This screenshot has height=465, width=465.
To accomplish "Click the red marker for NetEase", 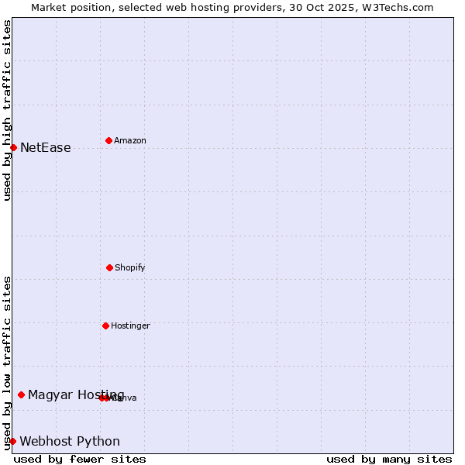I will click(13, 147).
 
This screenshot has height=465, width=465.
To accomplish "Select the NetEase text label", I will click(45, 148).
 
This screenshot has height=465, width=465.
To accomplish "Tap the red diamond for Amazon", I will click(108, 140).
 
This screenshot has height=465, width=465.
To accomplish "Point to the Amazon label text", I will click(129, 141).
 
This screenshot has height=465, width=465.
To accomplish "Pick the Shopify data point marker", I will click(109, 267).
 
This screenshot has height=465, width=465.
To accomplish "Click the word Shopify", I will click(129, 268).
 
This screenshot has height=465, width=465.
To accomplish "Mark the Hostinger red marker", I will click(105, 325).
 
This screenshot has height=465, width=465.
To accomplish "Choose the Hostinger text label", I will click(130, 326).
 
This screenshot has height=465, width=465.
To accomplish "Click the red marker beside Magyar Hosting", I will click(21, 394).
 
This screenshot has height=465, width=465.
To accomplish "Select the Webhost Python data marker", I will click(12, 441).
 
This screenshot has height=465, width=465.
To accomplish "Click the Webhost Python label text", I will click(70, 442).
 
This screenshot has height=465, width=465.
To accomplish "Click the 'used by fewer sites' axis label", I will click(80, 459).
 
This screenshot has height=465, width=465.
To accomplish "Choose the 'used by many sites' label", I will click(389, 459).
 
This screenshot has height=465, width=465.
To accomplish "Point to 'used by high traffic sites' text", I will click(7, 110).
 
